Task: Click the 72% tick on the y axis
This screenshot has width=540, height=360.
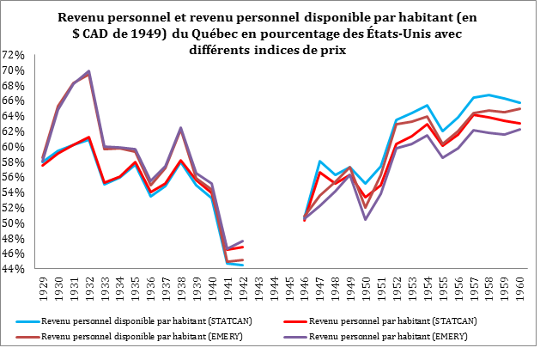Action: coord(15,54)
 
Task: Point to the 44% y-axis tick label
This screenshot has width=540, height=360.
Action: coord(15,268)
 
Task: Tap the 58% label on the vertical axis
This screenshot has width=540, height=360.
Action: coord(15,161)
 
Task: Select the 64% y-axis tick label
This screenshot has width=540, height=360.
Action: coord(15,115)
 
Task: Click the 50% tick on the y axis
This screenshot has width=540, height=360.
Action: coord(15,223)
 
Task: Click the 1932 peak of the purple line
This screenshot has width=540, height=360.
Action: coord(88,71)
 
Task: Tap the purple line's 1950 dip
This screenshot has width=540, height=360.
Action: coord(366,219)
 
